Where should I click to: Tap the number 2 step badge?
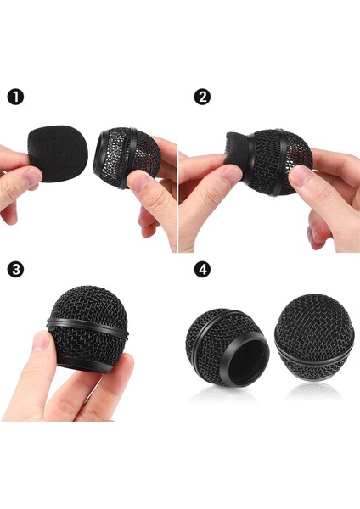click(202, 97)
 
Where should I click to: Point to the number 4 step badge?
click(202, 271)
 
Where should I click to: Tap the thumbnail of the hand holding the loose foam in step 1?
click(30, 176)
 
